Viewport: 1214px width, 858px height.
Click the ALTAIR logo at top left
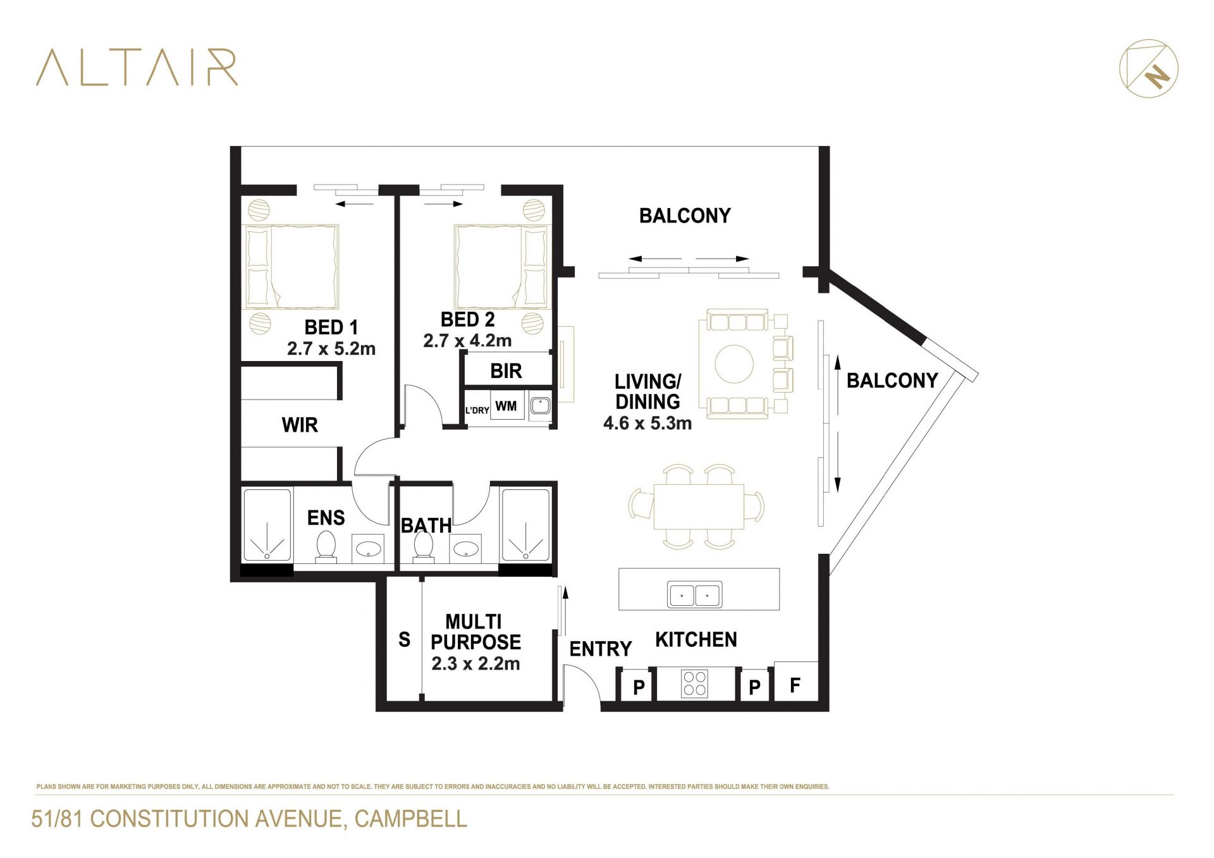click(137, 67)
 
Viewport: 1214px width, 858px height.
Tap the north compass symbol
click(1148, 69)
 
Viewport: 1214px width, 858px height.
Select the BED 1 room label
click(331, 327)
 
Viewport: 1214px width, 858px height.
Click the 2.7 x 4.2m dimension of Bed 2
click(467, 341)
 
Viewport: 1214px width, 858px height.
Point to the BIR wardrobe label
click(506, 371)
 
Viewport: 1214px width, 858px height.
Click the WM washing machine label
click(506, 406)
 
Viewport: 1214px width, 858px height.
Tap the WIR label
click(300, 425)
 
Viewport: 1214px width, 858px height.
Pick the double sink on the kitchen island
click(695, 594)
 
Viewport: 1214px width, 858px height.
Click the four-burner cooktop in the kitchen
click(695, 683)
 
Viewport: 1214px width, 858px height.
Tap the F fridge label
click(795, 684)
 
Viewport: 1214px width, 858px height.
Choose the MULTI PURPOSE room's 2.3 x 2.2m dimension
click(475, 663)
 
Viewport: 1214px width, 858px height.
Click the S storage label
click(405, 640)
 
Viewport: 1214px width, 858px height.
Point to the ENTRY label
click(600, 649)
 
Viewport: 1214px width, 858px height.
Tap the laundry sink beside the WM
click(540, 405)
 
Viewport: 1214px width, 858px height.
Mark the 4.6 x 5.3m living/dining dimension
click(647, 423)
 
